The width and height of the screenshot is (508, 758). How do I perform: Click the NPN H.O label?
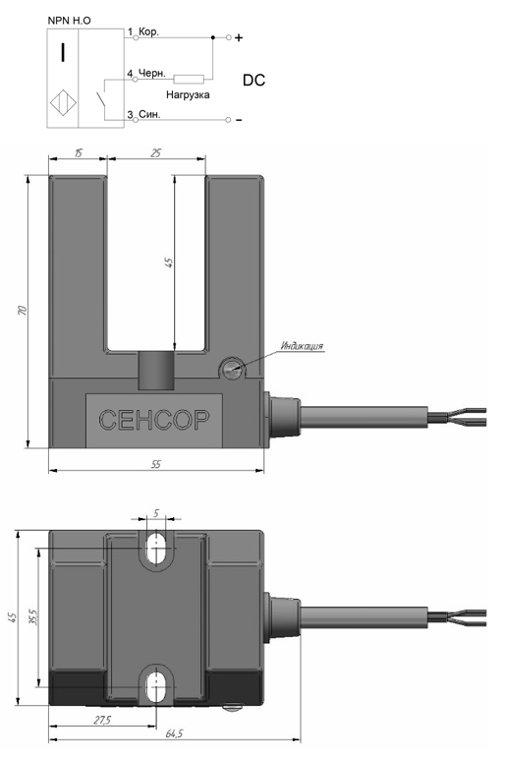pyautogui.click(x=69, y=21)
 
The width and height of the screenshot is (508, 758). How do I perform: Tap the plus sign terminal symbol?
pyautogui.click(x=239, y=37)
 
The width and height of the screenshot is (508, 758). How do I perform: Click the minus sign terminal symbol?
pyautogui.click(x=239, y=120)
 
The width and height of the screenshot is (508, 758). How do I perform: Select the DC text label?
pyautogui.click(x=254, y=81)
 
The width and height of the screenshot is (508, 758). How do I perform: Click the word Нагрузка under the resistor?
pyautogui.click(x=188, y=94)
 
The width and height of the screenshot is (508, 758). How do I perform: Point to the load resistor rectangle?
pyautogui.click(x=189, y=79)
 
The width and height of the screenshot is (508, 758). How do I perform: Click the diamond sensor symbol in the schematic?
pyautogui.click(x=63, y=103)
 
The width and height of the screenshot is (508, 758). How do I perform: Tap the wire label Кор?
pyautogui.click(x=148, y=32)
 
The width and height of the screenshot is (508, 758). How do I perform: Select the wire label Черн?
pyautogui.click(x=151, y=74)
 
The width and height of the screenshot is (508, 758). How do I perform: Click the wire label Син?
pyautogui.click(x=149, y=115)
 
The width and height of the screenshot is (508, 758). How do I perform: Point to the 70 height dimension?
pyautogui.click(x=23, y=310)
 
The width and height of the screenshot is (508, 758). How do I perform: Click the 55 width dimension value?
pyautogui.click(x=155, y=464)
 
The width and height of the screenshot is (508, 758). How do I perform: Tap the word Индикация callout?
pyautogui.click(x=302, y=346)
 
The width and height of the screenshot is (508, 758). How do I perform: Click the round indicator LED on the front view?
pyautogui.click(x=230, y=368)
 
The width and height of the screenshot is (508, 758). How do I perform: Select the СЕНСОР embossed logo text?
pyautogui.click(x=154, y=420)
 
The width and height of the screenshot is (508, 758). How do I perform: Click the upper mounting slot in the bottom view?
pyautogui.click(x=155, y=548)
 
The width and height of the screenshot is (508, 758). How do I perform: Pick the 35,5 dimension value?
pyautogui.click(x=32, y=616)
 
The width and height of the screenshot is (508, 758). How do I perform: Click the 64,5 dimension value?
pyautogui.click(x=174, y=733)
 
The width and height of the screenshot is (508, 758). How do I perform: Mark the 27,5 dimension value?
pyautogui.click(x=102, y=720)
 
